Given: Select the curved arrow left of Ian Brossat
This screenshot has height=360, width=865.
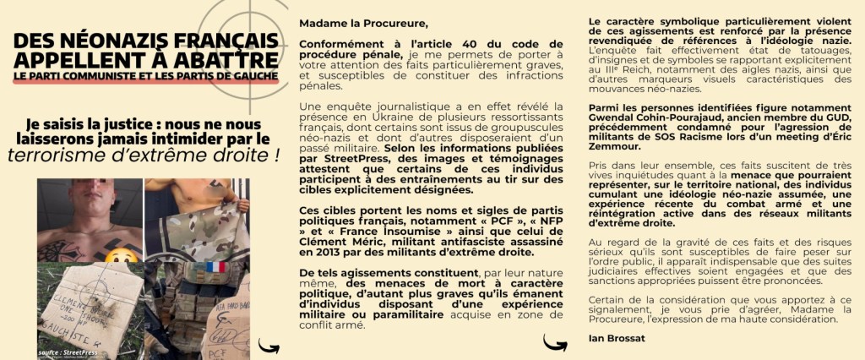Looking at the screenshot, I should (554, 341).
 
